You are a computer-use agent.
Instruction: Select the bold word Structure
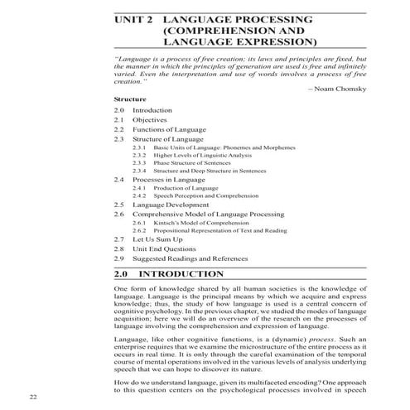[130, 99]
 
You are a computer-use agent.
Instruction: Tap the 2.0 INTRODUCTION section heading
[181, 273]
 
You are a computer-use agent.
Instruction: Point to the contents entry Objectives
[150, 120]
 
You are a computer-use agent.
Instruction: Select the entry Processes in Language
[167, 180]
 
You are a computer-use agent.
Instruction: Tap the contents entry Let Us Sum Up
[157, 239]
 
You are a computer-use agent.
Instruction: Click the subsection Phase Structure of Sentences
[189, 163]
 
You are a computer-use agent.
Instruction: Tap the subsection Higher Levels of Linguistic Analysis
[200, 155]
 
